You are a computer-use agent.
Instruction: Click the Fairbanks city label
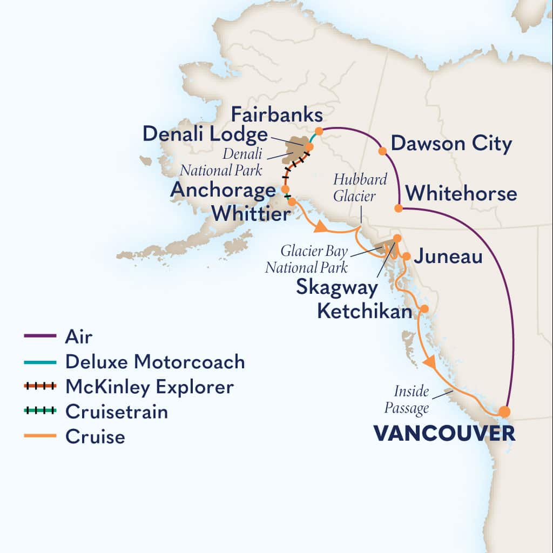(277, 115)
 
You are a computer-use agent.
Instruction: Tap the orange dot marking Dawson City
(382, 151)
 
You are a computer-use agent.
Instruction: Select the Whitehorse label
(461, 193)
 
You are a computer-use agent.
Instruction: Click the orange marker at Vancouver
(504, 412)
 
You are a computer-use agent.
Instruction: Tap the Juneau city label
(448, 257)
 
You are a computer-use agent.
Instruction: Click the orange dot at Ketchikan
(424, 308)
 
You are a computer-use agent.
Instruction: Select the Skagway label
(336, 287)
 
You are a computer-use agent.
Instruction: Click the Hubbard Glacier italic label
(354, 188)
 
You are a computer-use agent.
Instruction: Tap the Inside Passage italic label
(407, 400)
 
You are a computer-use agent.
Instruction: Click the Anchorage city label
(222, 190)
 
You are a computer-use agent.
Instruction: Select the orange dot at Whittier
(292, 201)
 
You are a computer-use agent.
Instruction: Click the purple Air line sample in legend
(41, 336)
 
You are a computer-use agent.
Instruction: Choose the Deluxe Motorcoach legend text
(155, 362)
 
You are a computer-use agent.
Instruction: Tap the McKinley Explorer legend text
(150, 387)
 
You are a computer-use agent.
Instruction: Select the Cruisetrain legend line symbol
(41, 412)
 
